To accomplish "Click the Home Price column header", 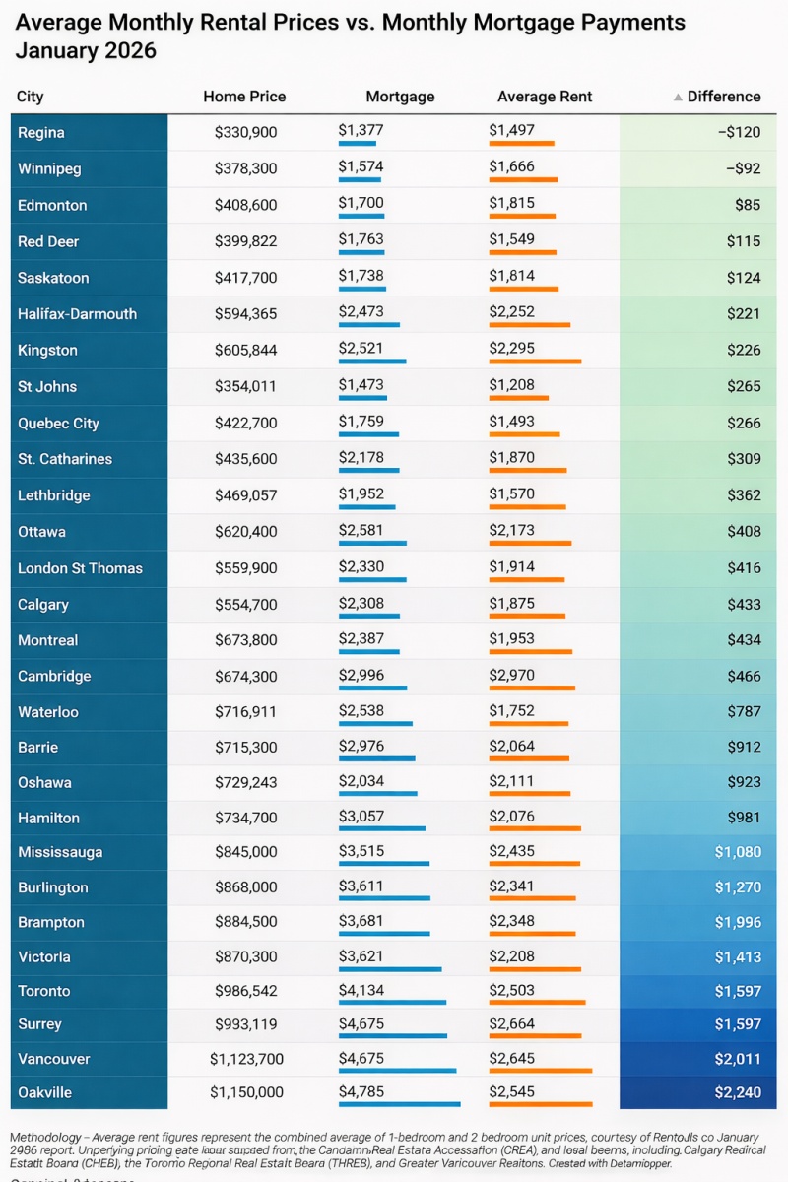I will tap(244, 97).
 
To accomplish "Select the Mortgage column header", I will tap(400, 97).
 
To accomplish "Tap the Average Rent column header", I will tap(545, 97).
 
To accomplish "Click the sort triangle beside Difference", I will tap(678, 98).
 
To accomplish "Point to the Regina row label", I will tap(41, 133).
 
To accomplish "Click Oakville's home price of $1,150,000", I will tap(246, 1092).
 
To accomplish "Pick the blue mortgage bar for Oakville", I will tap(399, 1104).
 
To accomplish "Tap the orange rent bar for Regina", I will tap(521, 144).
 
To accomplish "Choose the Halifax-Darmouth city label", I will tap(77, 314).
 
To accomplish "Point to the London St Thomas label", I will tap(80, 568).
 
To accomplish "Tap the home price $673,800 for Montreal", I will tap(246, 640).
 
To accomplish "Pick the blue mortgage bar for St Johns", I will tap(362, 398).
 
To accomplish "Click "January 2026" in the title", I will tap(87, 50).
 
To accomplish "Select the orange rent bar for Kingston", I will tap(535, 361).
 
